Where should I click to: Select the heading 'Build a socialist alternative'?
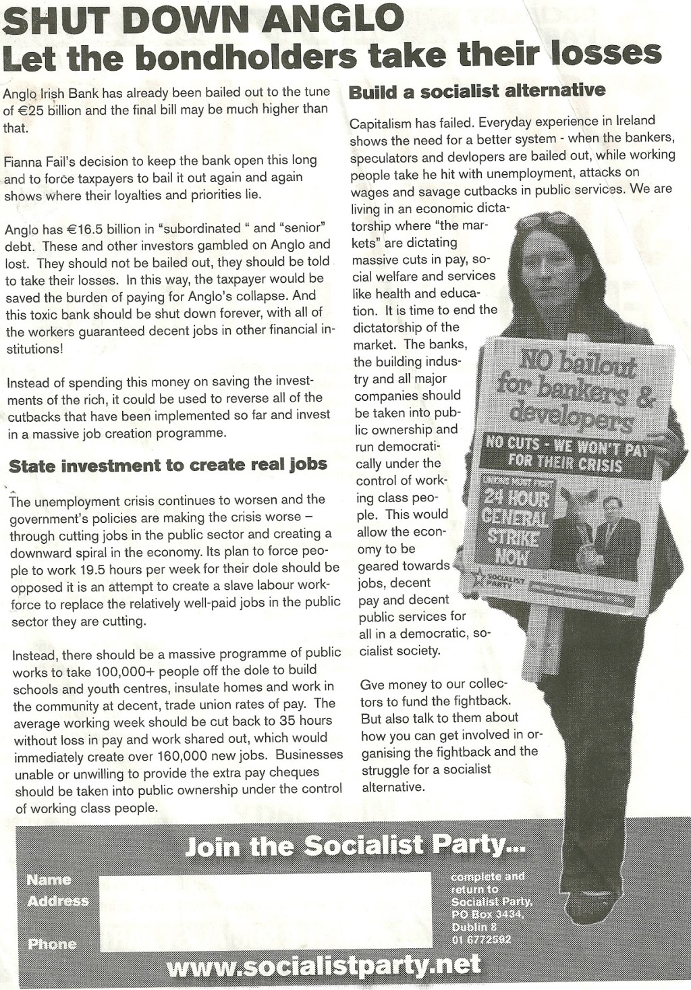coord(477,91)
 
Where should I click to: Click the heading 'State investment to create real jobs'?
coord(168,465)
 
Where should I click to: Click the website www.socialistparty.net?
coord(323,966)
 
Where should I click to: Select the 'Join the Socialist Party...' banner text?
coord(355,846)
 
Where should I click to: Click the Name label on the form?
coord(49,879)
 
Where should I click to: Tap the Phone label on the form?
coord(51,943)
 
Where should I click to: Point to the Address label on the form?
coord(58,901)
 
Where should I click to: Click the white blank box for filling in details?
coord(265,909)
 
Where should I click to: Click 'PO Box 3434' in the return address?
coord(487,914)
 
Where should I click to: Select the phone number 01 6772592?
coord(481,939)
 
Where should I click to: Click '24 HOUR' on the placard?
coord(516,499)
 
